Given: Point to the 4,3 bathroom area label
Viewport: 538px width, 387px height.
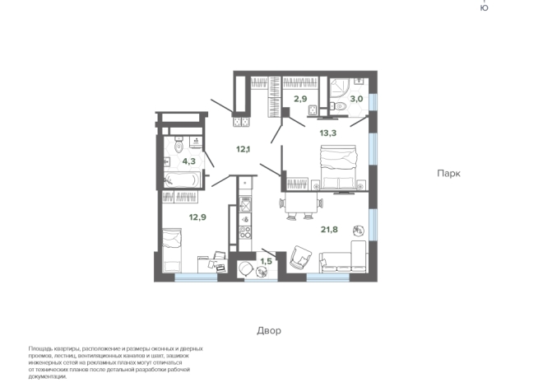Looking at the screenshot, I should [x=189, y=161].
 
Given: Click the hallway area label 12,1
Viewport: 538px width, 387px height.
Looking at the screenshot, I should [x=243, y=149].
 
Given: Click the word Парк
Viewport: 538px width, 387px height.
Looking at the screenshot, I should [x=448, y=174].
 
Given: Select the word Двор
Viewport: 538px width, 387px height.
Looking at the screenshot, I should [x=268, y=330].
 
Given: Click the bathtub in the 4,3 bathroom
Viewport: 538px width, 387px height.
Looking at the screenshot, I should [x=180, y=179].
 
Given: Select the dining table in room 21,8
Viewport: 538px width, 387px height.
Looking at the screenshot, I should [x=299, y=203].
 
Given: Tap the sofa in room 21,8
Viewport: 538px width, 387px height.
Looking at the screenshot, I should [x=346, y=259].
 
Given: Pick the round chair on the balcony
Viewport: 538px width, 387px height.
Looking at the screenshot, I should [x=245, y=268].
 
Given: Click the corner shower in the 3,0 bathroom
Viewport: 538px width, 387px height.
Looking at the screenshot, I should [x=340, y=86].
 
